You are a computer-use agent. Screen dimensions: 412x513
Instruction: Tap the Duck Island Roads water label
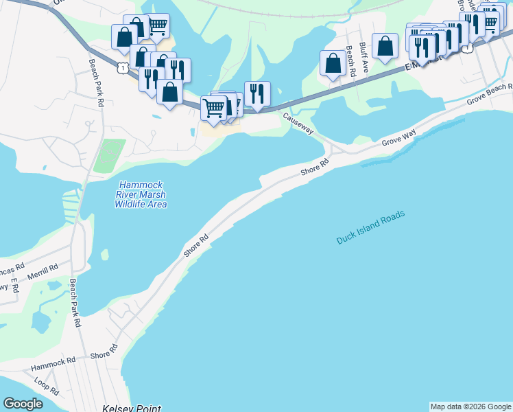pos(370,227)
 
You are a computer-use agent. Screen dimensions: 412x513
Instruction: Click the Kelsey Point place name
pos(132,408)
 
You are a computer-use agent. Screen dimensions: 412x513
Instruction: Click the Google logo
pos(23,404)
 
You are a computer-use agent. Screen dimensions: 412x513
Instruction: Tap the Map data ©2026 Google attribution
pos(470,407)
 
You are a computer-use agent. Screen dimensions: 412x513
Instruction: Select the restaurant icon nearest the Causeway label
pos(257,93)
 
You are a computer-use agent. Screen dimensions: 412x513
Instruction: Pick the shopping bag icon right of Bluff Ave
pos(385,45)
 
